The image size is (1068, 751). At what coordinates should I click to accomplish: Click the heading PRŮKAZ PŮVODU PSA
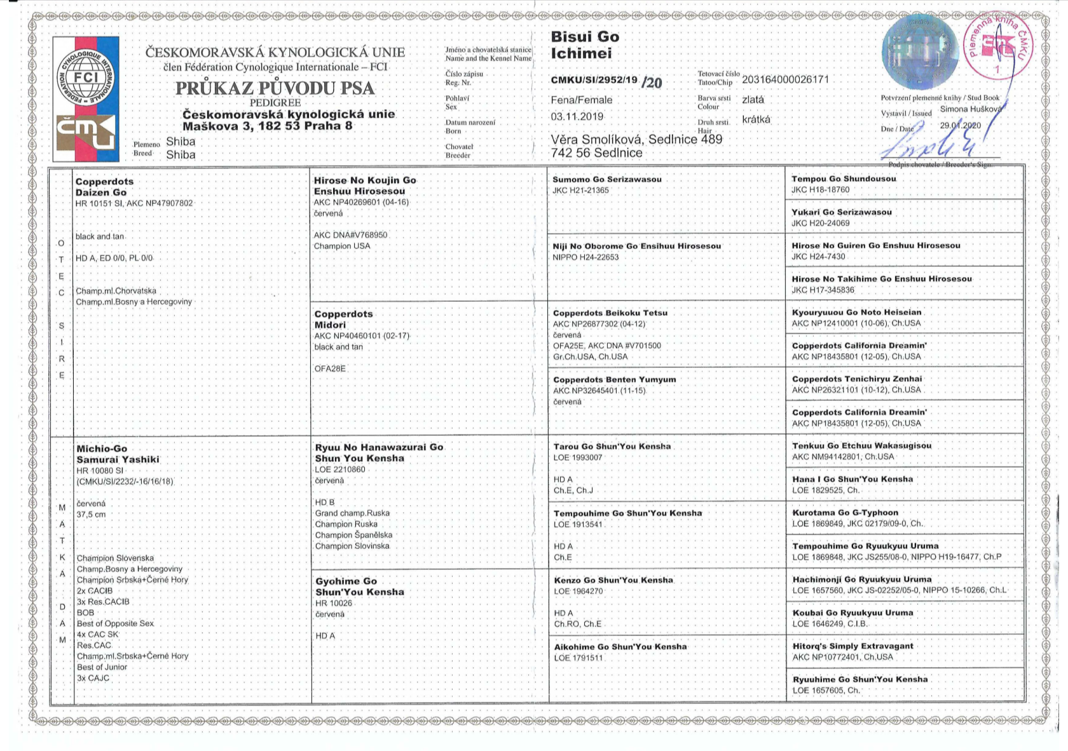[275, 88]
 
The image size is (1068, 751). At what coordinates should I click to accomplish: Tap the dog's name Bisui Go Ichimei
[584, 45]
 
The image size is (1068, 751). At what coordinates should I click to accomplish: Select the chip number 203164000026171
[785, 79]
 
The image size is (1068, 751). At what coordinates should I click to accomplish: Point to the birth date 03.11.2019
[577, 116]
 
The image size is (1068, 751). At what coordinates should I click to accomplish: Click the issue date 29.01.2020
[960, 125]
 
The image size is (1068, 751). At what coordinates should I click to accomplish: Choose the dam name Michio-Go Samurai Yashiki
[118, 454]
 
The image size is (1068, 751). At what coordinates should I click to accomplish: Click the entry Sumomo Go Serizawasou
[606, 179]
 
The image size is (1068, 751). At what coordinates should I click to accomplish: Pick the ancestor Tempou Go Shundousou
[843, 179]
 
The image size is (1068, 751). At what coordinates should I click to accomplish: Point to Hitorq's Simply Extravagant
[852, 646]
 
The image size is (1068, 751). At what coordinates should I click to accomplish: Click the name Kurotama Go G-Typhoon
[845, 512]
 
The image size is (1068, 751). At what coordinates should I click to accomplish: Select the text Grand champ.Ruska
[352, 513]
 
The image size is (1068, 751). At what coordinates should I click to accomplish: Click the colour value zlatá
[753, 100]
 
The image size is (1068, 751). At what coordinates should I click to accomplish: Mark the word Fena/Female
[581, 100]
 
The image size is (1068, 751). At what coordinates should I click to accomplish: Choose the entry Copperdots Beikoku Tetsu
[608, 313]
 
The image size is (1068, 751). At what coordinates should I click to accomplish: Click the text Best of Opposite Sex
[115, 623]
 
